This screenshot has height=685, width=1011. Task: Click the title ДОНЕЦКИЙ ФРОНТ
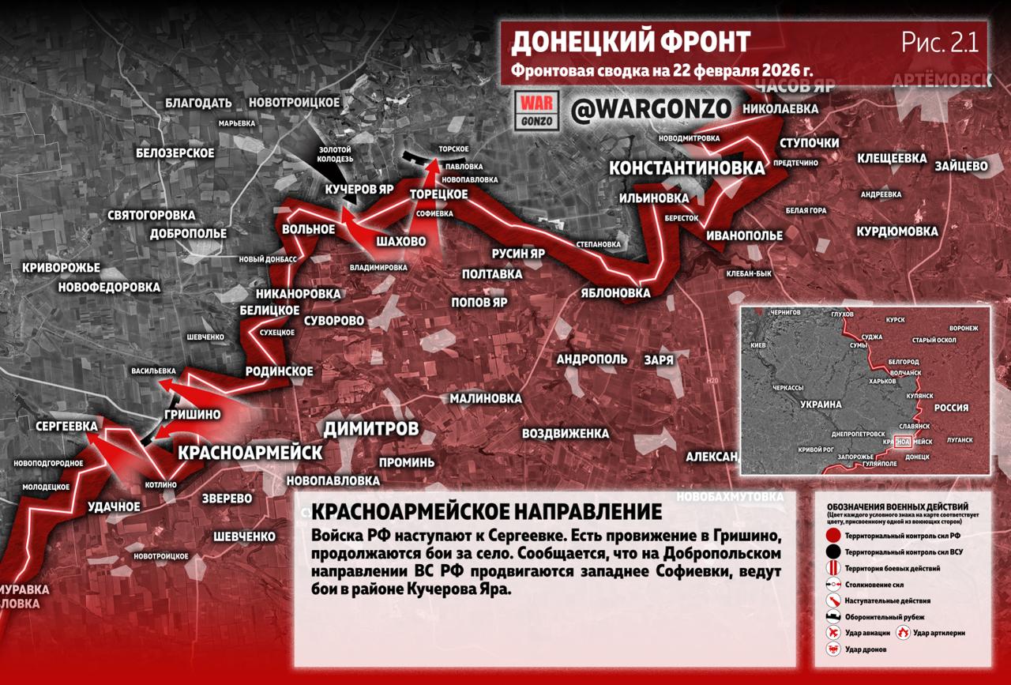click(x=631, y=41)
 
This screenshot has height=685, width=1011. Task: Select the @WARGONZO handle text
click(x=651, y=110)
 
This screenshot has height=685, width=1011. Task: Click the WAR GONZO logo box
click(x=537, y=111)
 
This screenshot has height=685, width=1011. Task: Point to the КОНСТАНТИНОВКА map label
click(x=687, y=167)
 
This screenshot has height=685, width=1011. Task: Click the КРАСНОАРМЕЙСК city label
click(x=250, y=452)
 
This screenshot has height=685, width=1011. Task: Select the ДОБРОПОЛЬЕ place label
click(x=188, y=234)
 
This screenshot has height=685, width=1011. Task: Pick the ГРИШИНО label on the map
click(x=193, y=414)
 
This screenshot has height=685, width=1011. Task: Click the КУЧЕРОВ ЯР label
click(x=359, y=190)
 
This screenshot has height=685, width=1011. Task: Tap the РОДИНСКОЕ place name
click(x=280, y=371)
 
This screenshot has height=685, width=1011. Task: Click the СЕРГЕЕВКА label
click(x=66, y=426)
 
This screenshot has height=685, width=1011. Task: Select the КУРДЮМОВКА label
click(x=897, y=231)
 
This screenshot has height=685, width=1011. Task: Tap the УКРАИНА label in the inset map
click(x=821, y=404)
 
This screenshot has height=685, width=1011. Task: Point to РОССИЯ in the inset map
click(x=951, y=408)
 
